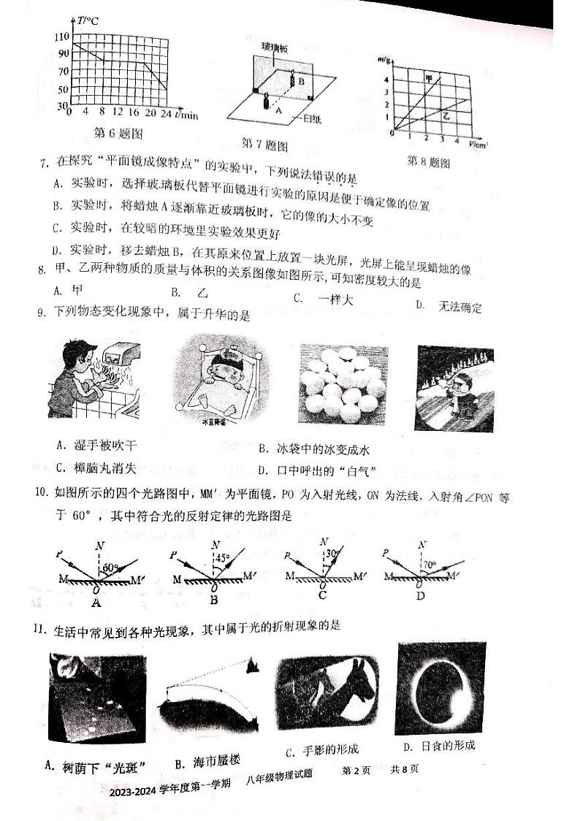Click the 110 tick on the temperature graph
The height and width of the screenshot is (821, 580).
pyautogui.click(x=60, y=37)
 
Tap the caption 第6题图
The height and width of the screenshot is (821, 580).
pyautogui.click(x=118, y=133)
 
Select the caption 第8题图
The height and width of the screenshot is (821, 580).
pyautogui.click(x=428, y=161)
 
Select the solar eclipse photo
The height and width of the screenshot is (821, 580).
pyautogui.click(x=435, y=689)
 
